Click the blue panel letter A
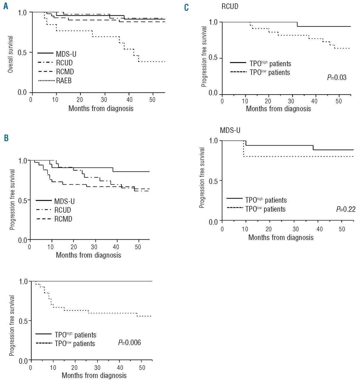[x=6, y=6]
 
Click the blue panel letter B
[x=6, y=138]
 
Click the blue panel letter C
[x=186, y=7]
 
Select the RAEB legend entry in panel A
[x=64, y=81]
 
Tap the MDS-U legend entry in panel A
[x=66, y=54]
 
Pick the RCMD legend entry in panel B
[x=63, y=219]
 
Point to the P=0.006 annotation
[x=129, y=342]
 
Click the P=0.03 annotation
[x=337, y=78]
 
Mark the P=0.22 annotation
[x=346, y=209]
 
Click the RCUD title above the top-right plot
[x=230, y=6]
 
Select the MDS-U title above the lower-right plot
[x=230, y=130]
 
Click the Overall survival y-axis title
[x=10, y=54]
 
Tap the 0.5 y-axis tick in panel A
[x=22, y=53]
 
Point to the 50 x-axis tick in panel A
[x=152, y=100]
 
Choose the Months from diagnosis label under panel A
[x=101, y=108]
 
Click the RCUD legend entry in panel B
[x=63, y=210]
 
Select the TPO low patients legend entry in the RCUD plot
[x=270, y=73]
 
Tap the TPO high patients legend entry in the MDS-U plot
[x=266, y=200]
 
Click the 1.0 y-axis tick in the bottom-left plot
[x=23, y=281]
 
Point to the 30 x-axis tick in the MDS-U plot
[x=295, y=229]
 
